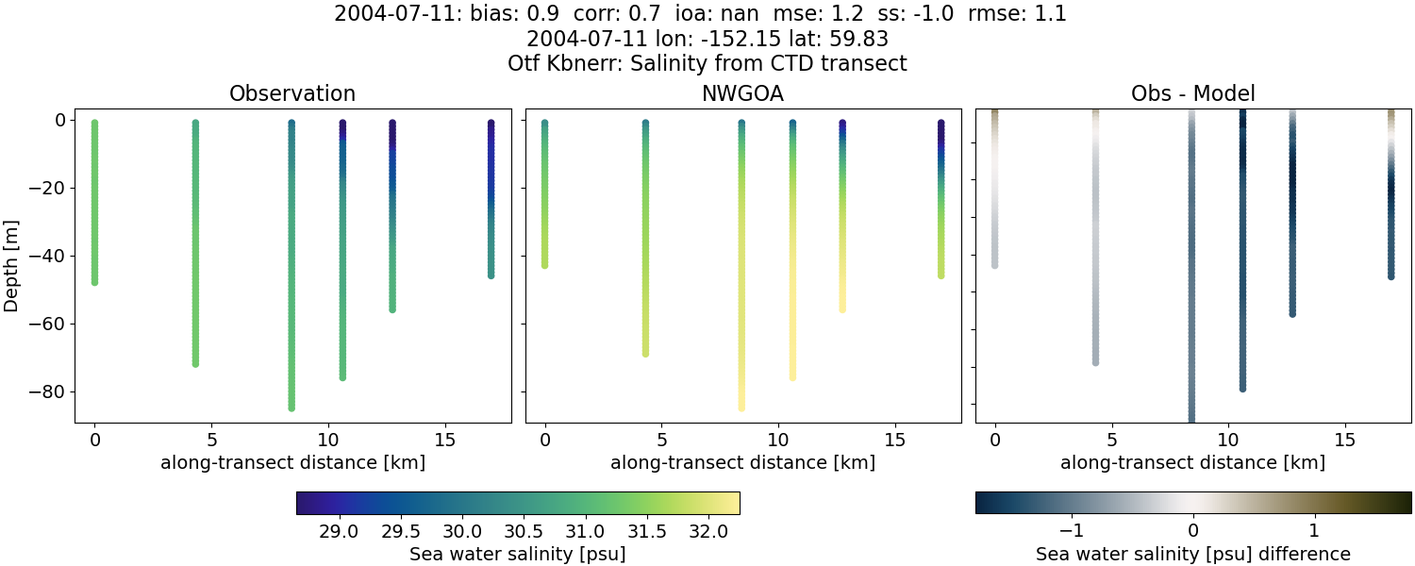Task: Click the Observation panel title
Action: (x=292, y=93)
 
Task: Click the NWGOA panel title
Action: (x=742, y=93)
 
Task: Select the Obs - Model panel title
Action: (x=1192, y=93)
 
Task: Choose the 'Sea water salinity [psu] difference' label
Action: (x=1193, y=554)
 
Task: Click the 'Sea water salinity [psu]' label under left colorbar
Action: (x=517, y=554)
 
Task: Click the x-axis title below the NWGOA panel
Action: (x=742, y=462)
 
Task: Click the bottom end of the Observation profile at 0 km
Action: (x=94, y=281)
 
